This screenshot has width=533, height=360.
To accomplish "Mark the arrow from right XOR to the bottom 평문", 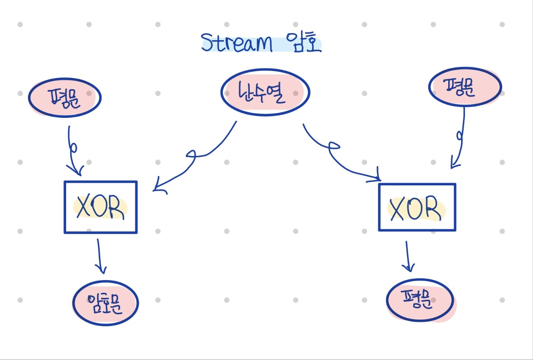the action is (408, 256).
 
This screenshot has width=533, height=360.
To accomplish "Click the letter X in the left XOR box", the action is (83, 206).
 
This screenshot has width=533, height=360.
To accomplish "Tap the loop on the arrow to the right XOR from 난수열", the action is (334, 146).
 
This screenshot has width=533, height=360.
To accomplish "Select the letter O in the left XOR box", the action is (100, 206).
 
